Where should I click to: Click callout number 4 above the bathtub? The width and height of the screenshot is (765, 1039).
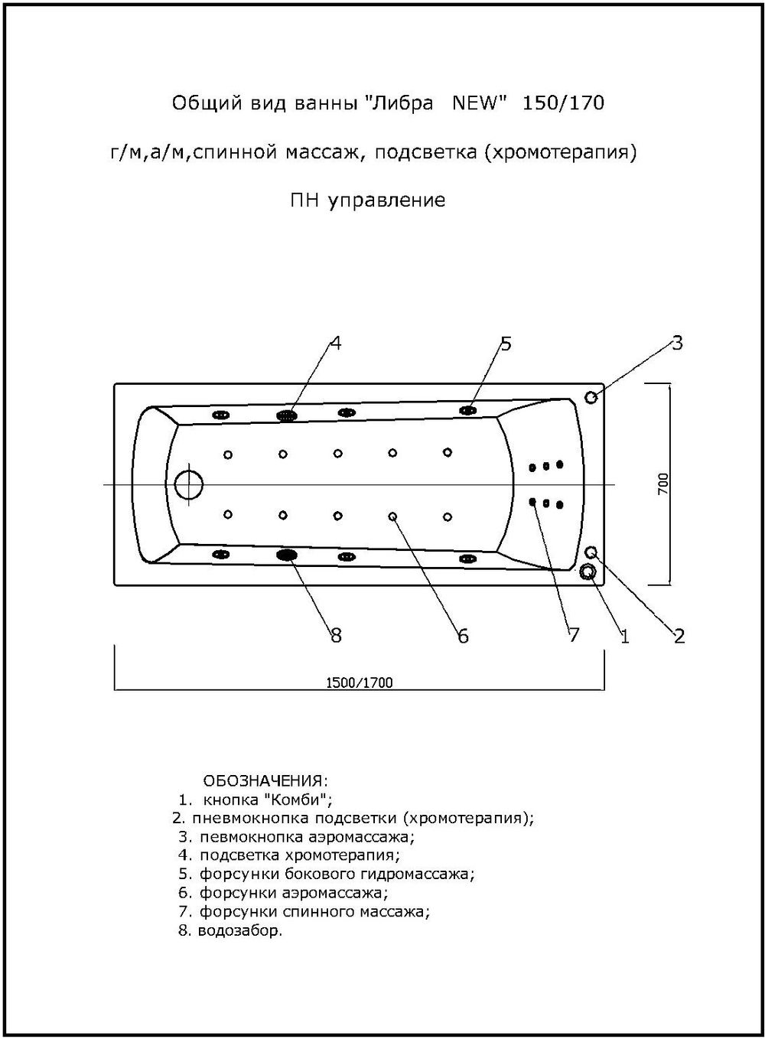click(x=334, y=344)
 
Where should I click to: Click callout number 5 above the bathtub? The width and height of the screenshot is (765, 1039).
click(x=505, y=344)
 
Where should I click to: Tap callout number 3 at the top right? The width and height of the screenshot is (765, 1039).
click(x=677, y=343)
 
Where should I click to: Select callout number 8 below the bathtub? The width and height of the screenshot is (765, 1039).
click(x=335, y=635)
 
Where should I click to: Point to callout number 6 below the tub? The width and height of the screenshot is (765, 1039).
click(x=463, y=636)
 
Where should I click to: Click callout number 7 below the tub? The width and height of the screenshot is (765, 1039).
click(x=574, y=635)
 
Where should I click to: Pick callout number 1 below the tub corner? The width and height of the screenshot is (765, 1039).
click(x=625, y=636)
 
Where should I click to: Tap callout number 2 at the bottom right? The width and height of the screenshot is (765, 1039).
click(x=679, y=636)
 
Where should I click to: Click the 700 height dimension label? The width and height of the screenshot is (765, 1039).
click(x=663, y=483)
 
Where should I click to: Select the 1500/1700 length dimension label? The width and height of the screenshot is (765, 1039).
click(x=360, y=682)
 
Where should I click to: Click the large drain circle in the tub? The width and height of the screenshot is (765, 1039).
click(x=188, y=484)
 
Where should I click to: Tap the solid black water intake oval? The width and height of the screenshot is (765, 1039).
click(x=287, y=555)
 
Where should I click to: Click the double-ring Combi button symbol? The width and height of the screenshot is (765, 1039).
click(x=588, y=572)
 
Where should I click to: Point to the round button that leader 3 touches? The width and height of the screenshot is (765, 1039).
click(x=591, y=397)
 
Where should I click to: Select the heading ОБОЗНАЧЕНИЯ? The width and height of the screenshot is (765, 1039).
click(x=265, y=781)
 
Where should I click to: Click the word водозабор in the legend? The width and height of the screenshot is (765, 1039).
click(x=239, y=931)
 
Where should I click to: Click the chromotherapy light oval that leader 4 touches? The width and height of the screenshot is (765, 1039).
click(x=287, y=415)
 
